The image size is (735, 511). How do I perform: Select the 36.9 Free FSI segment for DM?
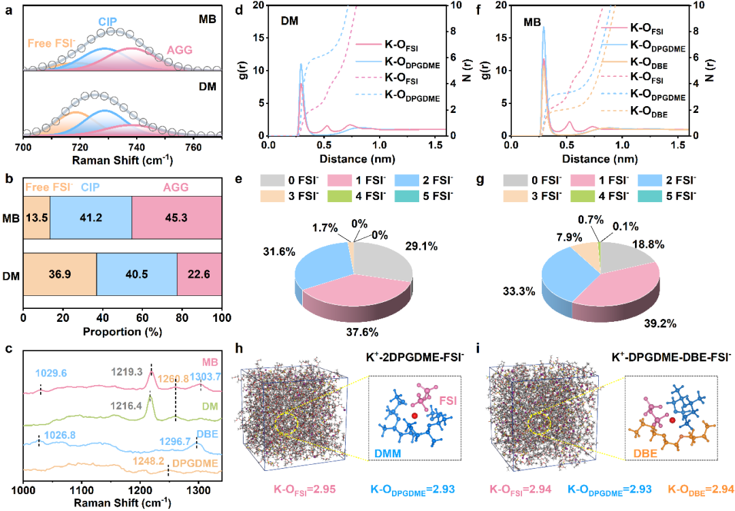tap(60, 274)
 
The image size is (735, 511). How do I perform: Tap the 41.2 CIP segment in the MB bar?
tap(91, 218)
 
